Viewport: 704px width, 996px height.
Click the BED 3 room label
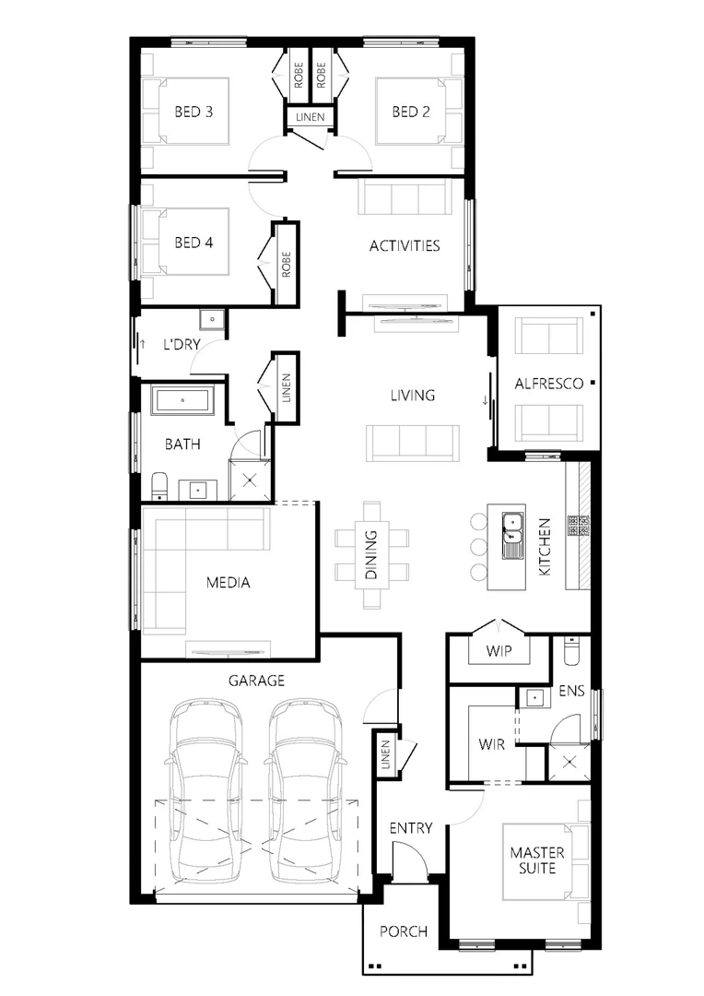[x=194, y=113]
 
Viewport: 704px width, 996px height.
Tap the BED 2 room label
[x=411, y=113]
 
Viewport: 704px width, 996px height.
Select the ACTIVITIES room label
[x=404, y=246]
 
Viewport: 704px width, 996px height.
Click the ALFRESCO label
[x=548, y=384]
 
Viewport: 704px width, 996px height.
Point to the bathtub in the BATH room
[x=183, y=401]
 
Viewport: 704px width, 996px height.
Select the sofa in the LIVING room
[x=412, y=442]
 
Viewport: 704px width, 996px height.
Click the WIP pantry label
[x=499, y=650]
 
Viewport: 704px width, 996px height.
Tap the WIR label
[x=491, y=744]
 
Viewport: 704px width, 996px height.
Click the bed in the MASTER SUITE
[x=544, y=860]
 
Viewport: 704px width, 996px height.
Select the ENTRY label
[x=410, y=828]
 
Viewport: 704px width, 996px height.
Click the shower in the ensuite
[x=569, y=762]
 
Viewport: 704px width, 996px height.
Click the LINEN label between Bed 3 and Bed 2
[x=309, y=117]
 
